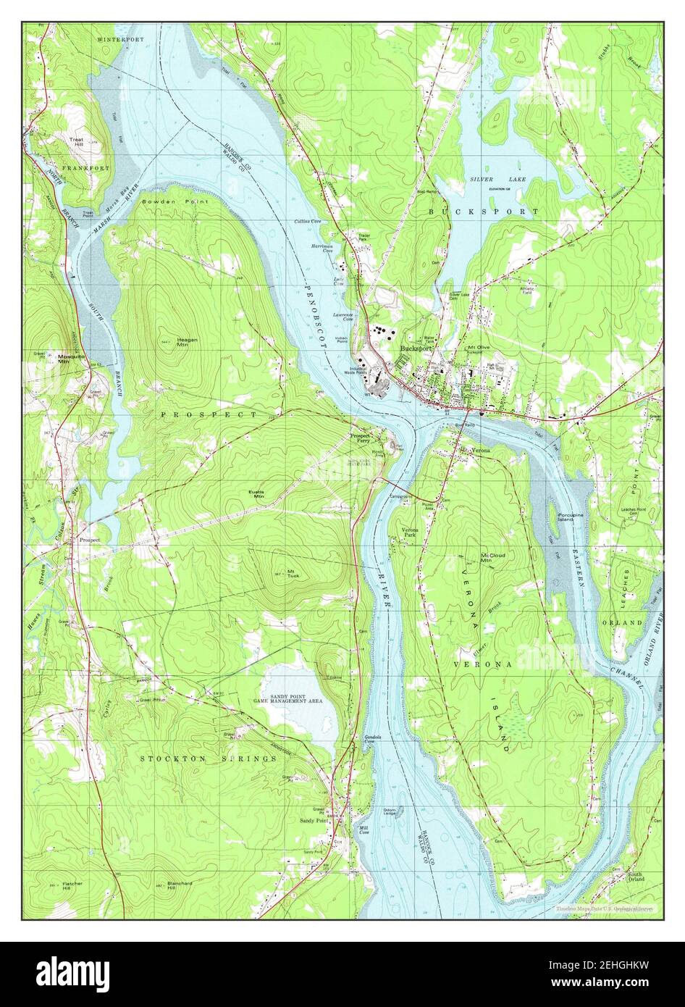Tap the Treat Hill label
(x=77, y=141)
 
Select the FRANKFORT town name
(x=86, y=168)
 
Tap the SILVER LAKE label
(x=498, y=179)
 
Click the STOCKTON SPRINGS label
(x=208, y=758)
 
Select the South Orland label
(x=635, y=877)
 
